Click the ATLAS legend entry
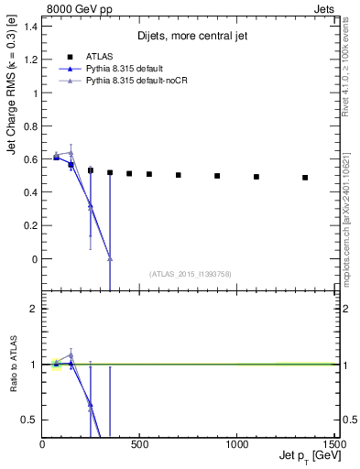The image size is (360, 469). [x=95, y=55]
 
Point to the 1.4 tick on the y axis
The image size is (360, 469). [x=30, y=27]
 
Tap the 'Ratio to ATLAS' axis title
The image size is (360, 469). [x=14, y=365]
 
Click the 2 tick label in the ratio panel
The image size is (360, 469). [x=34, y=310]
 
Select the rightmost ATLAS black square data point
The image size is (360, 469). [x=305, y=178]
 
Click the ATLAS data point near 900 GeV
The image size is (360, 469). [x=217, y=176]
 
